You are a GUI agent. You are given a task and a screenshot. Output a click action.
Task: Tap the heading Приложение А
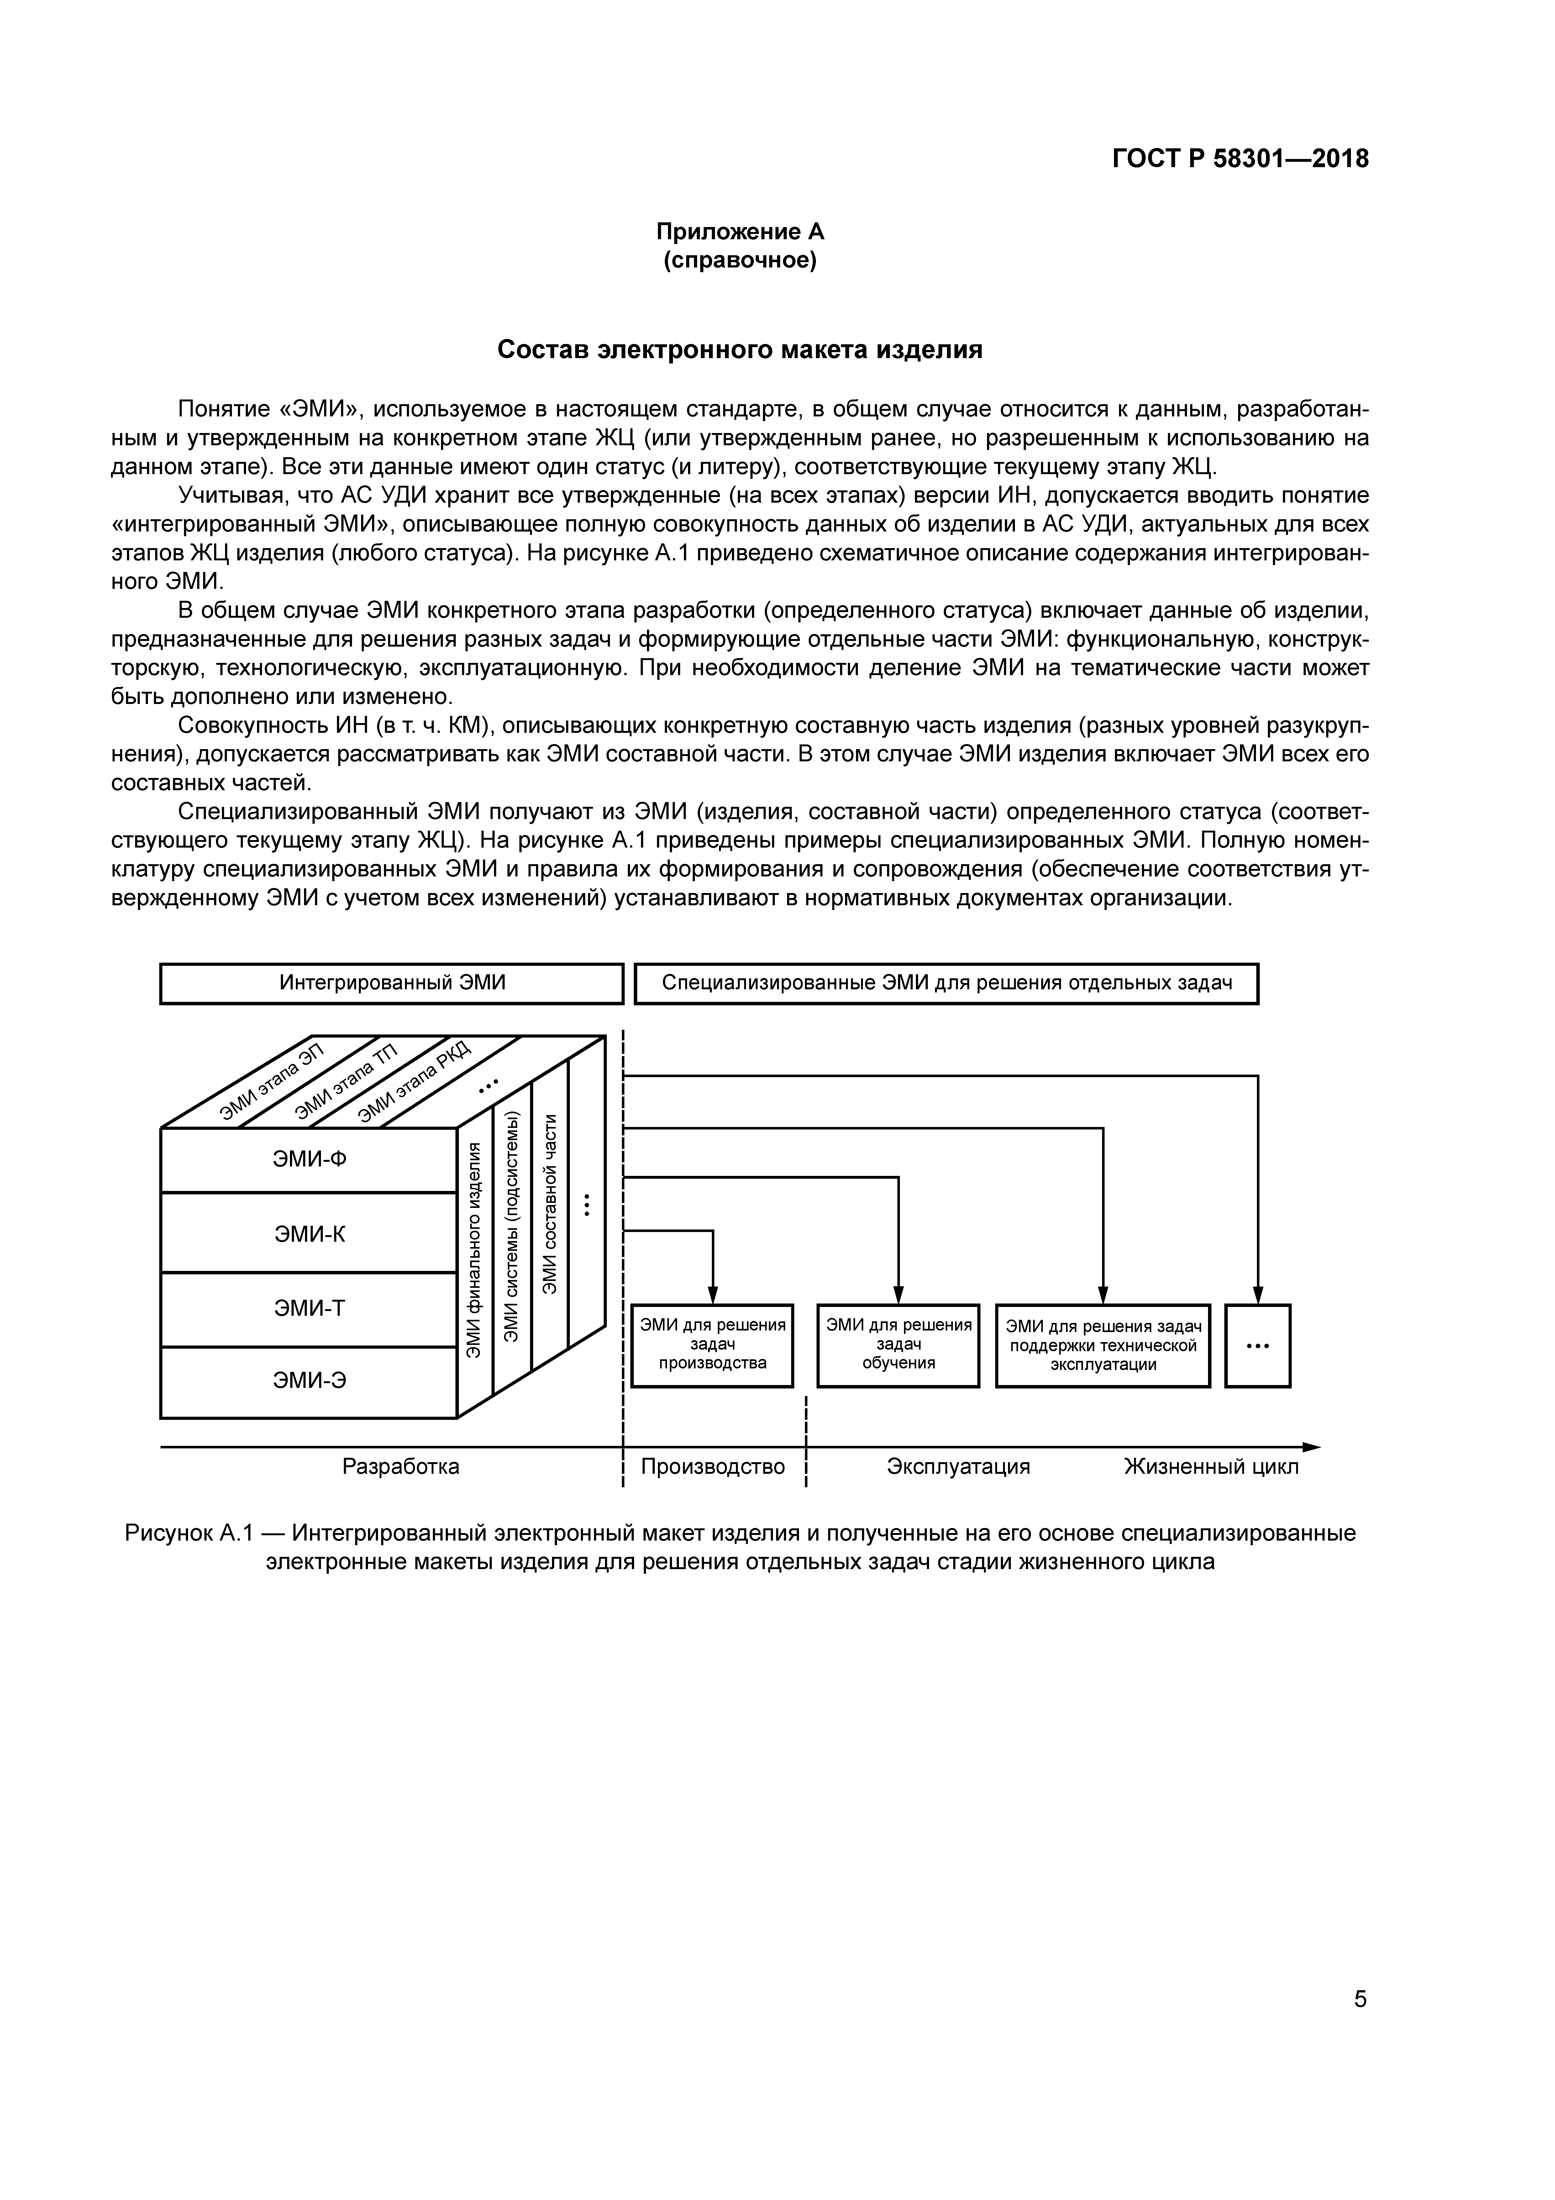[x=740, y=232]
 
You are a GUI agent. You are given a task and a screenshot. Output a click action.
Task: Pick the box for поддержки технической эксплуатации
[x=1103, y=1345]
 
